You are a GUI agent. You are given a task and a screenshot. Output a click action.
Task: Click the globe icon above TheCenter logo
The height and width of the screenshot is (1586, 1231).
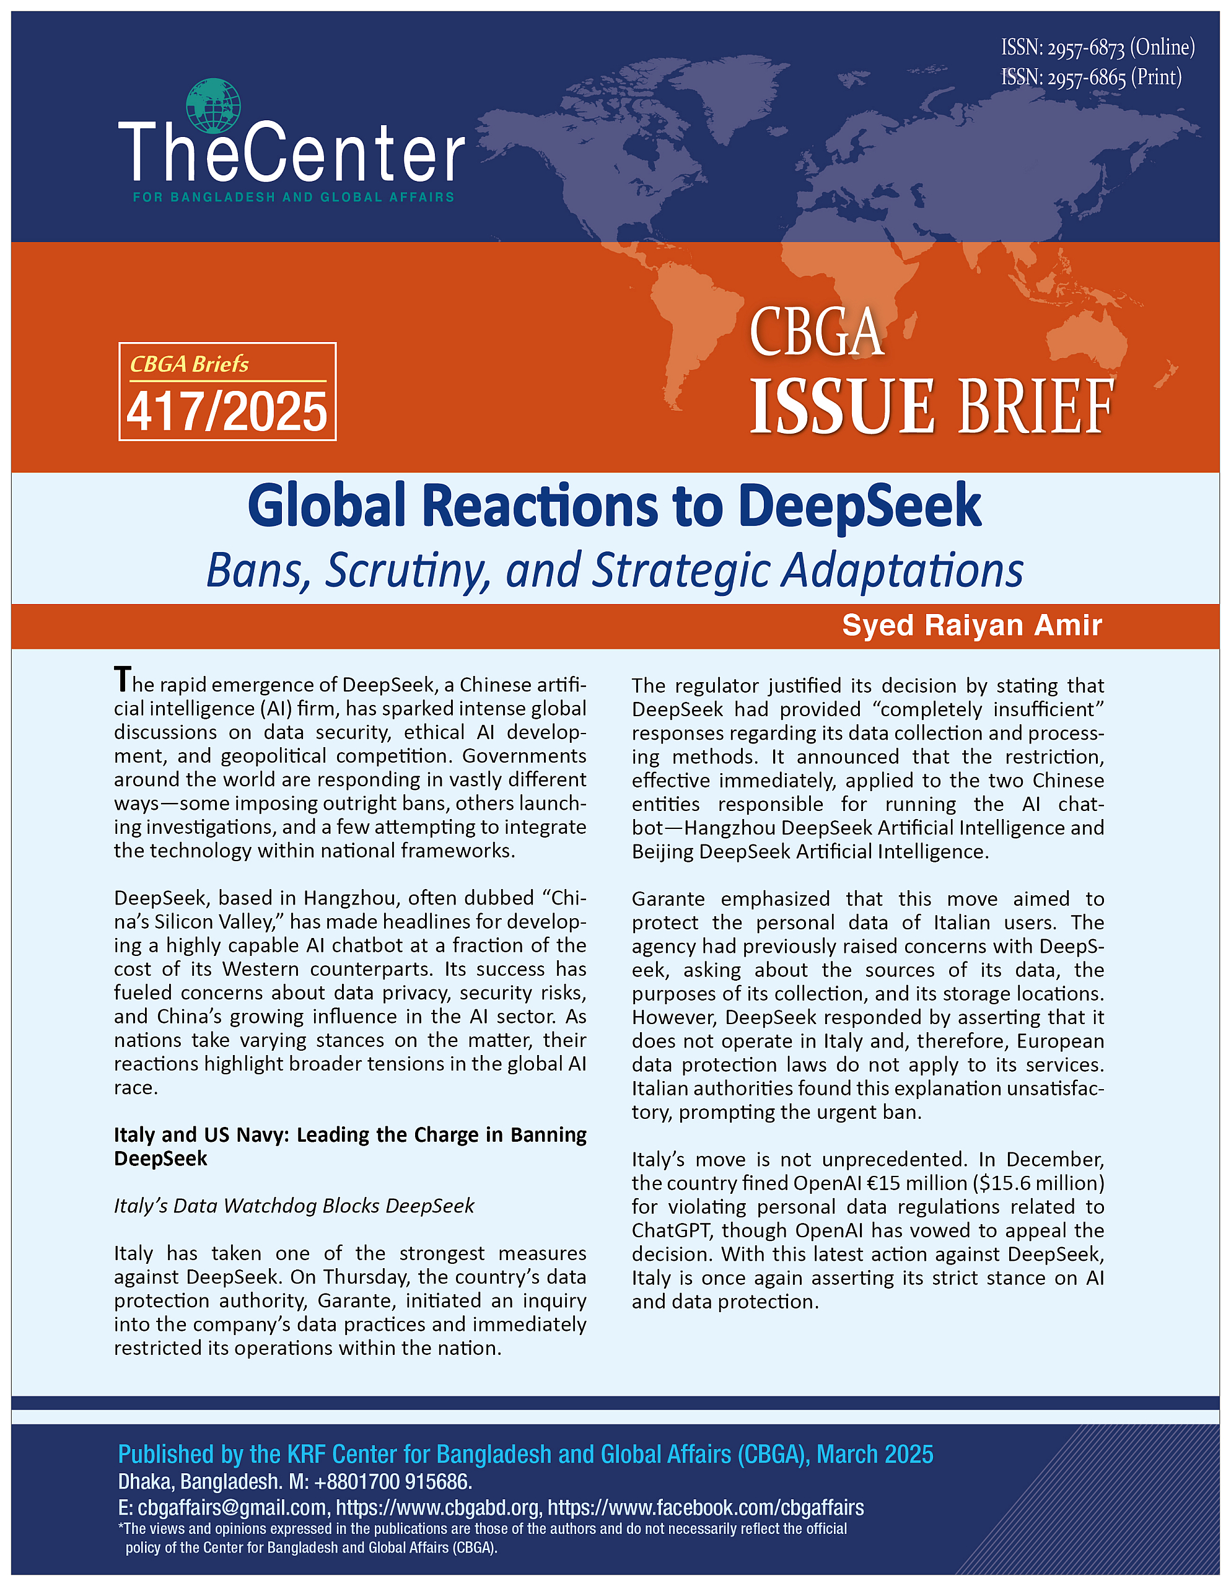pos(212,106)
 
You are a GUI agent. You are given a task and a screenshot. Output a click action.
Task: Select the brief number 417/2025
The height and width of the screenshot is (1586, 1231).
pos(227,411)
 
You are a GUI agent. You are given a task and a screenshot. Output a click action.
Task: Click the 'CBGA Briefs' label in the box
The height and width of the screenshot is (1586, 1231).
pos(189,364)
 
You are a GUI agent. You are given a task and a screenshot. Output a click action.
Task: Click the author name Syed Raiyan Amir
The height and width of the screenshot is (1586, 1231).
pos(971,625)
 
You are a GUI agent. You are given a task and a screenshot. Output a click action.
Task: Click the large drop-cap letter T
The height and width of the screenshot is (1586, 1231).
pos(122,680)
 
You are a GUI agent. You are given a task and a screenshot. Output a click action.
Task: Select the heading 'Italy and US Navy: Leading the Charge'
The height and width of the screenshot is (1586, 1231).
pos(349,1135)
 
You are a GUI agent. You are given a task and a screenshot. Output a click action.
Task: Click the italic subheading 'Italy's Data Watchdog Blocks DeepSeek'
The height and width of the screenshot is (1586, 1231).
pos(294,1206)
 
